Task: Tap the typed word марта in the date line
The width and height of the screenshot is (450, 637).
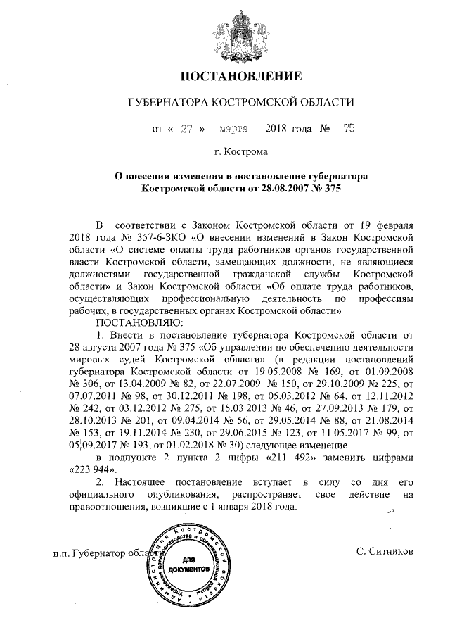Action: pos(233,130)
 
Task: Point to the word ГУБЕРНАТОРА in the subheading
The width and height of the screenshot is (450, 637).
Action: pos(166,103)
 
